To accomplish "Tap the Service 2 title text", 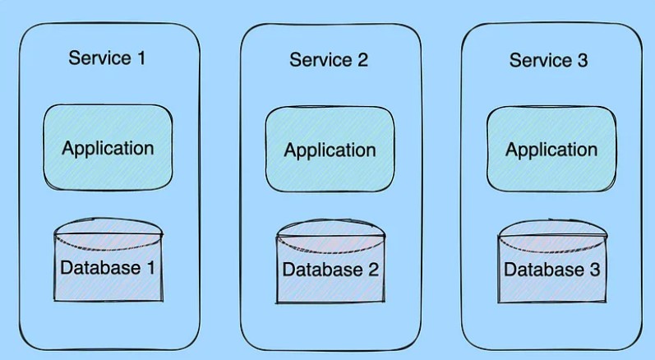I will (329, 60).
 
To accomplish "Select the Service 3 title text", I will (548, 60).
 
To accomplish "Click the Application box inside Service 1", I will (108, 148).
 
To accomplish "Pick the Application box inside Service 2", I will (330, 150).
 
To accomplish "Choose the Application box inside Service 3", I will (551, 150).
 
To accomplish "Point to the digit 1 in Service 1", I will (143, 58).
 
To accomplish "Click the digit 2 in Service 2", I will (363, 60).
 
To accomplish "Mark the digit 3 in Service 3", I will (583, 60).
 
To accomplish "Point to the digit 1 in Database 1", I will (150, 267).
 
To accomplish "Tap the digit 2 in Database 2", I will (372, 270).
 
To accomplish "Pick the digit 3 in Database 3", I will (593, 270).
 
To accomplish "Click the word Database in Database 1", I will (99, 267).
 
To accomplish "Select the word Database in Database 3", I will (542, 270).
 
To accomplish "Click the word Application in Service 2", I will (330, 150).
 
